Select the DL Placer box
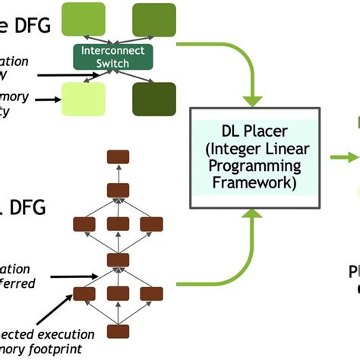point(251,159)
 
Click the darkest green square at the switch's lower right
point(153,98)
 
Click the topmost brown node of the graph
point(115,157)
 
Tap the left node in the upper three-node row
point(83,223)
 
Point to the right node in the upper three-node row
point(151,223)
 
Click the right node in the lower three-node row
point(151,292)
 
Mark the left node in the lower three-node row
point(83,292)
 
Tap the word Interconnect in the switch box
point(113,52)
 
